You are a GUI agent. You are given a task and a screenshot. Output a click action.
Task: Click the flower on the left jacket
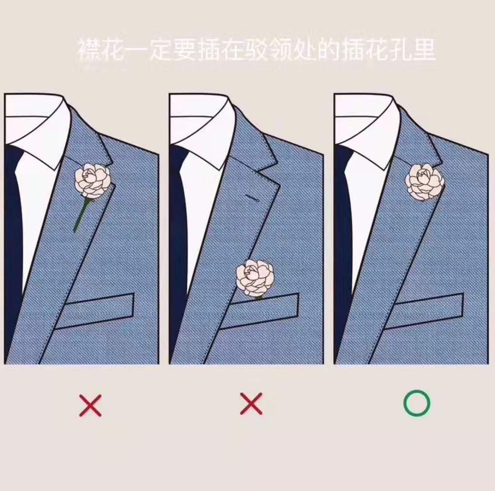coord(94,181)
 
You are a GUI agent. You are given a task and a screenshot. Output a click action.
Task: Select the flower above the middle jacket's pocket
coord(255,278)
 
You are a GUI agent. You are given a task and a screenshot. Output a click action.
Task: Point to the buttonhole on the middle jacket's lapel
coord(252,198)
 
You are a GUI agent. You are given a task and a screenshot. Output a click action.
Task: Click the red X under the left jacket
coord(90,405)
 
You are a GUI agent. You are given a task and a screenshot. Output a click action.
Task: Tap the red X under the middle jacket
coord(251,403)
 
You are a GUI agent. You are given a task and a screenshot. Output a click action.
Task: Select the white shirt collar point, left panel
coord(60,169)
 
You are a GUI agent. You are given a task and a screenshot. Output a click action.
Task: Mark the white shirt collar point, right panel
coord(390,169)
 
